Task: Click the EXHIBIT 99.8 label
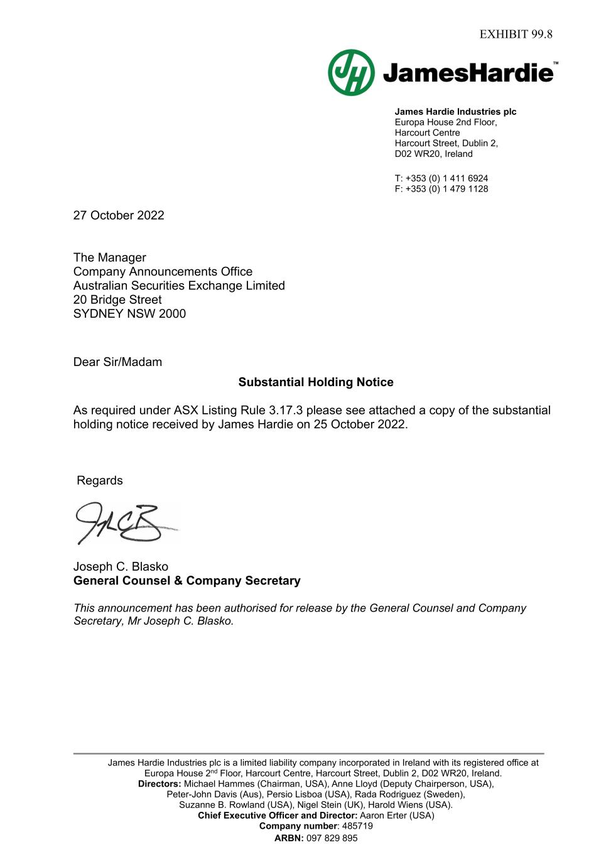[516, 34]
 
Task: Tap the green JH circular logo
[351, 73]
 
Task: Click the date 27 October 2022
[119, 215]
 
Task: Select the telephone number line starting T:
[441, 178]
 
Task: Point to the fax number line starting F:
[441, 189]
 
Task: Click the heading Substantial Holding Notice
[316, 382]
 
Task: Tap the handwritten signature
[122, 523]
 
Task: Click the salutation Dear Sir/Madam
[117, 362]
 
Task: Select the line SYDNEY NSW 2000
[129, 314]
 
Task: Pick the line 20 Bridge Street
[117, 300]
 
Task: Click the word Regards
[100, 481]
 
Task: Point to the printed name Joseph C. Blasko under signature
[121, 566]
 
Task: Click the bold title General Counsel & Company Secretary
[187, 581]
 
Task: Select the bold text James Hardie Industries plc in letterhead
[455, 112]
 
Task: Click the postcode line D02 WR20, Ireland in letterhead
[433, 154]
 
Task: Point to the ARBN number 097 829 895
[332, 838]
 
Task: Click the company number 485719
[357, 826]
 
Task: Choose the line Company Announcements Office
[163, 272]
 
